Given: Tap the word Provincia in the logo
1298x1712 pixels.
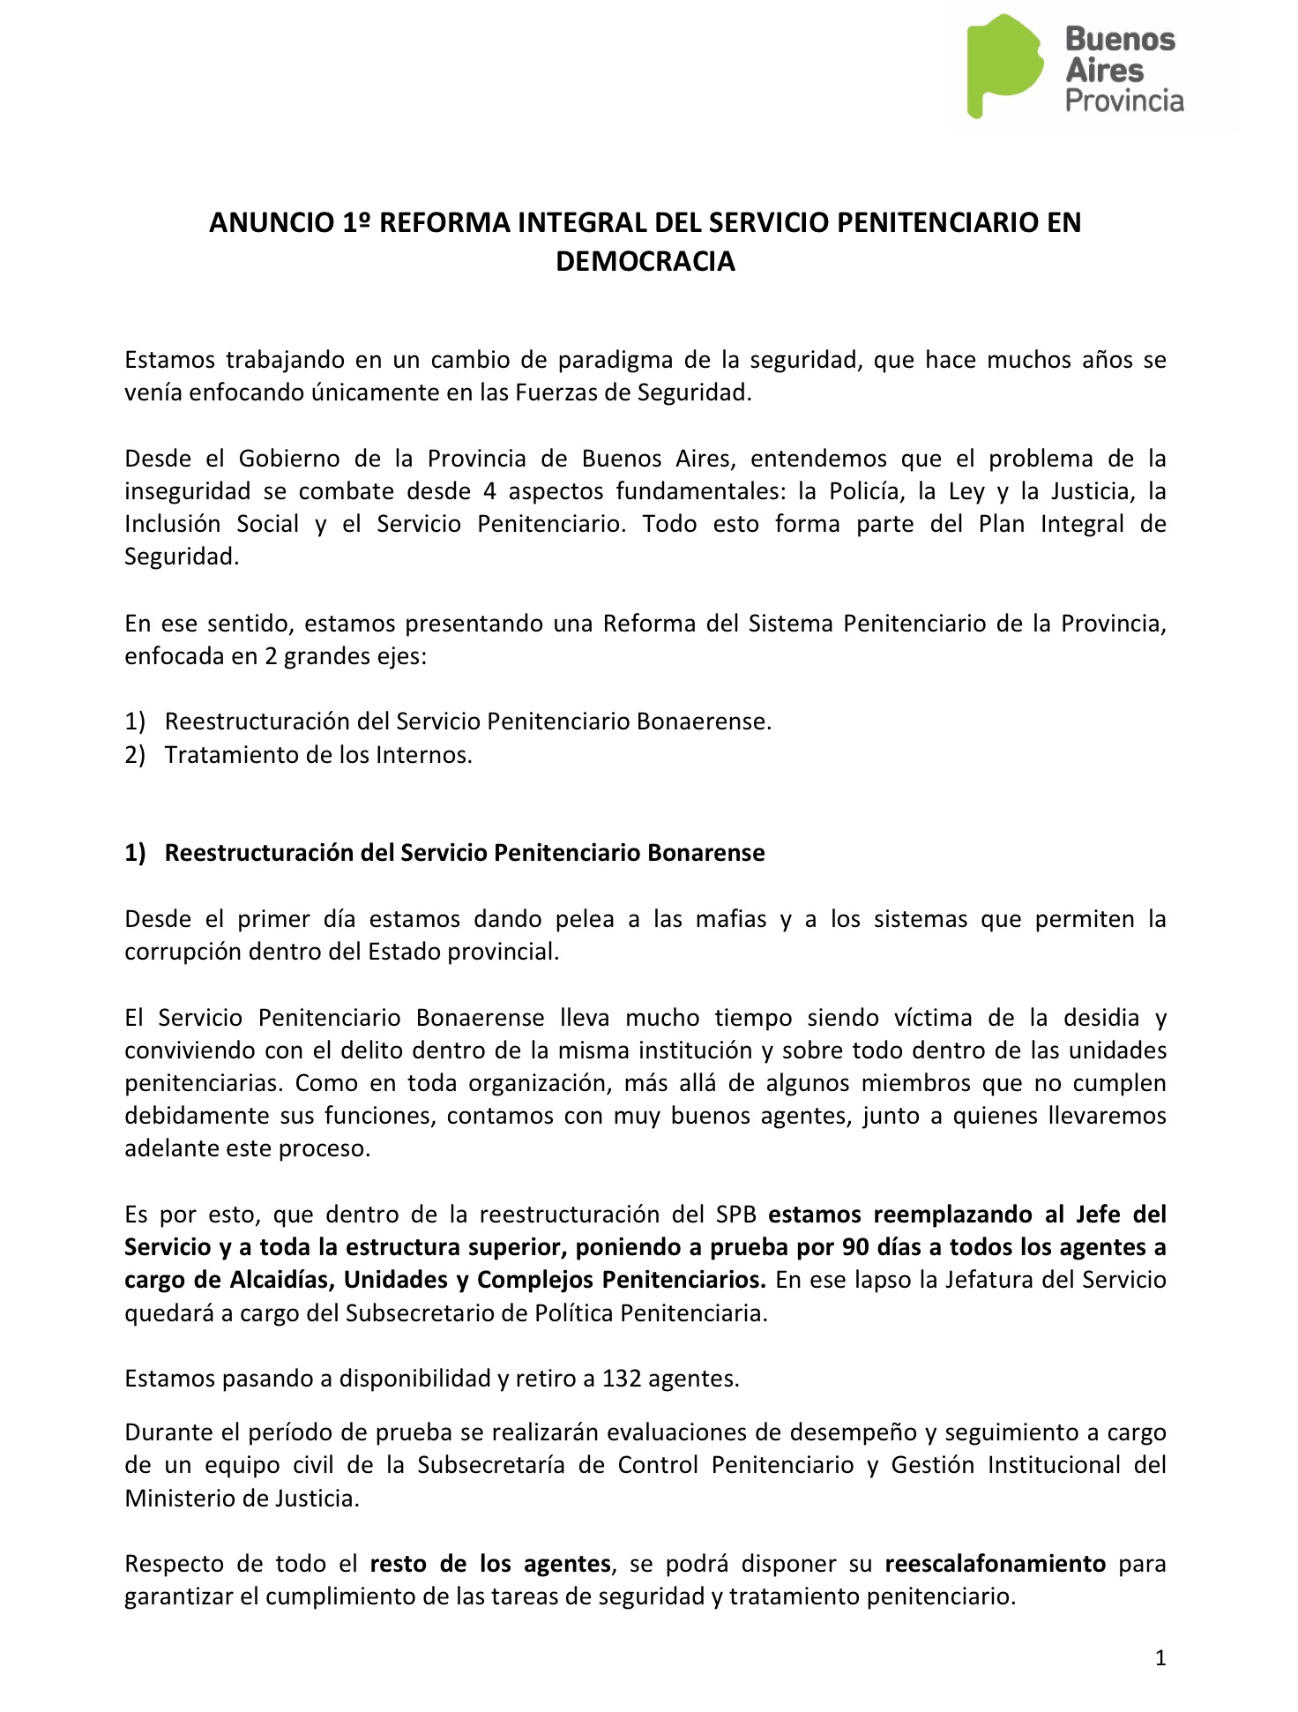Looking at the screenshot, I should coord(1124,101).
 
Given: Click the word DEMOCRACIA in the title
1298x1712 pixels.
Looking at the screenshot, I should coord(645,262).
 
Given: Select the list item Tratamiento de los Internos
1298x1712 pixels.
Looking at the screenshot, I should coord(318,756).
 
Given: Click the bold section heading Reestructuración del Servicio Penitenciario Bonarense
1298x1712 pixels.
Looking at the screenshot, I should coord(465,854).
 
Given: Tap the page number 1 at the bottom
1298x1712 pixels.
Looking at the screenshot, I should coord(1160,1659).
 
